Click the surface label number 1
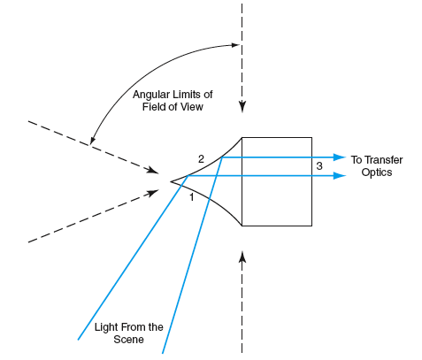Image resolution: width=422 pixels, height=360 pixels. click(x=192, y=197)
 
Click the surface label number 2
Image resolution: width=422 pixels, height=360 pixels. click(x=201, y=159)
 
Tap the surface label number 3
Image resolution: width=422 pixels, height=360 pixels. click(x=319, y=166)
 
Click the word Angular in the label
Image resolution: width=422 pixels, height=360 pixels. click(x=151, y=95)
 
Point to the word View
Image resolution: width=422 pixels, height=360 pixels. click(x=192, y=106)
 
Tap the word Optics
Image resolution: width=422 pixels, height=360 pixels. click(x=377, y=172)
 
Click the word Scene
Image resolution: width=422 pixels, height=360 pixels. click(x=128, y=340)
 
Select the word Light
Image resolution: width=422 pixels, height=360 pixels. click(x=106, y=327)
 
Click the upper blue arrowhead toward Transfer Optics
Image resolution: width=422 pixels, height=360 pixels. click(x=340, y=157)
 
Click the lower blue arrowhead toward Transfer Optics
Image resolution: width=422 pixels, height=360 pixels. click(x=340, y=176)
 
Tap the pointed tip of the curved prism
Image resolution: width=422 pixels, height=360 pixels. click(x=171, y=181)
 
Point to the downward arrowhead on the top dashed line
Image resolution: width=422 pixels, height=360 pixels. click(x=242, y=107)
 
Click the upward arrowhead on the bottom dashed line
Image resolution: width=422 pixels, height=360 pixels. click(x=242, y=257)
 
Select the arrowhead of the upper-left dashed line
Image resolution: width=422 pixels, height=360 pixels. click(x=154, y=170)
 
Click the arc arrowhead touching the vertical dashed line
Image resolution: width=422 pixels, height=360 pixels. click(x=235, y=45)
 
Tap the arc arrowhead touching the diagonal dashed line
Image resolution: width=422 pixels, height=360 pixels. click(x=92, y=141)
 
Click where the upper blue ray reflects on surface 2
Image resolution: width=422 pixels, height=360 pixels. click(x=222, y=157)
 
